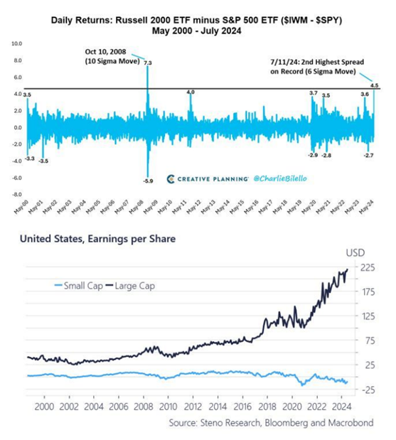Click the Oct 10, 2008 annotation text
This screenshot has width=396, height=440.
(x=109, y=56)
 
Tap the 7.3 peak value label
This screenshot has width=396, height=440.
(x=147, y=64)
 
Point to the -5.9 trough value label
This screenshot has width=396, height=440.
(x=147, y=181)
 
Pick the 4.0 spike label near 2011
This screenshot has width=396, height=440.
(x=190, y=92)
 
